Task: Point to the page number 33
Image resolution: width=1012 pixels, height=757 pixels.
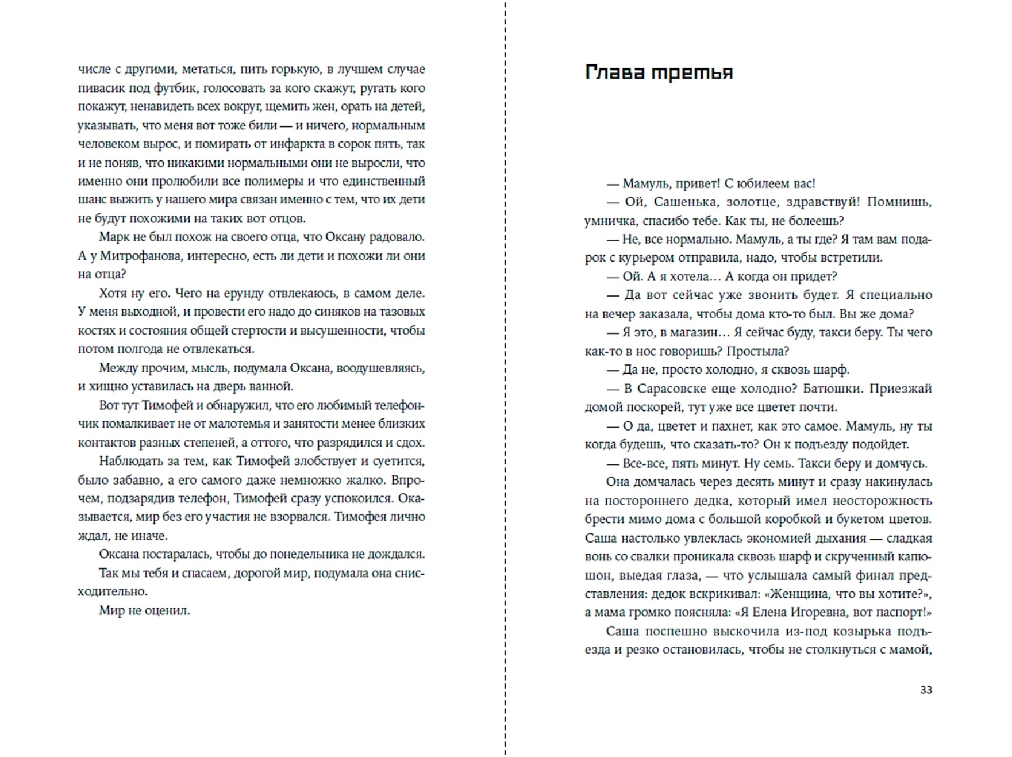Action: click(x=926, y=690)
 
